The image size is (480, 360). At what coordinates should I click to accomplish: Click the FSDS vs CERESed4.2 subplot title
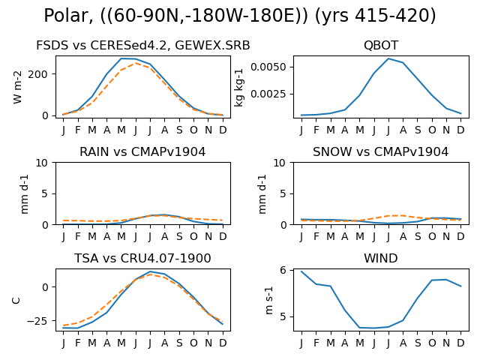(x=143, y=45)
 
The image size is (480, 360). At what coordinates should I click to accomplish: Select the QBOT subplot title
(x=381, y=45)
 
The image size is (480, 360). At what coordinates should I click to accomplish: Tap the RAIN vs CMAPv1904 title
(x=142, y=151)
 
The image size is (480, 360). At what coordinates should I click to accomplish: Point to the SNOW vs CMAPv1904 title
(x=380, y=151)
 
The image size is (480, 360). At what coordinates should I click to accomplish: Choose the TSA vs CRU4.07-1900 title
(x=142, y=258)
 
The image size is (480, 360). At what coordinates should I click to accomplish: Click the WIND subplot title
(x=381, y=258)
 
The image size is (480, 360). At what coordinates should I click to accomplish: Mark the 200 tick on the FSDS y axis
(x=38, y=74)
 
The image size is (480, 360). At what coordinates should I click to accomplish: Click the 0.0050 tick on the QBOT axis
(x=268, y=67)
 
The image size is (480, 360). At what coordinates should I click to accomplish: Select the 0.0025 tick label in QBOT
(x=268, y=94)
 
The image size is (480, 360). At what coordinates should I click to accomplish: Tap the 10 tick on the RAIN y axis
(x=42, y=163)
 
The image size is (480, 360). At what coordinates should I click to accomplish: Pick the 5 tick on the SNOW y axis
(x=283, y=193)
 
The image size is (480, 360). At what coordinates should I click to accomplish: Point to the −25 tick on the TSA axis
(x=37, y=321)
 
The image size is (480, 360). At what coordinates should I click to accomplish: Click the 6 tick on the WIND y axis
(x=283, y=270)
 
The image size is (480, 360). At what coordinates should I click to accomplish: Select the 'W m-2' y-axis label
(x=17, y=87)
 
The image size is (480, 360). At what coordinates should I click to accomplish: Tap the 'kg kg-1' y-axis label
(x=238, y=88)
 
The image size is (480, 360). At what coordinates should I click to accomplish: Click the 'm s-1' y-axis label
(x=268, y=300)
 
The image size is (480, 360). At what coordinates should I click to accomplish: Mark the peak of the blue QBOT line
(x=388, y=58)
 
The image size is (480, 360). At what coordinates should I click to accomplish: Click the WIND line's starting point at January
(x=301, y=271)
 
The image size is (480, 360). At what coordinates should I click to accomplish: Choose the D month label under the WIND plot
(x=460, y=343)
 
